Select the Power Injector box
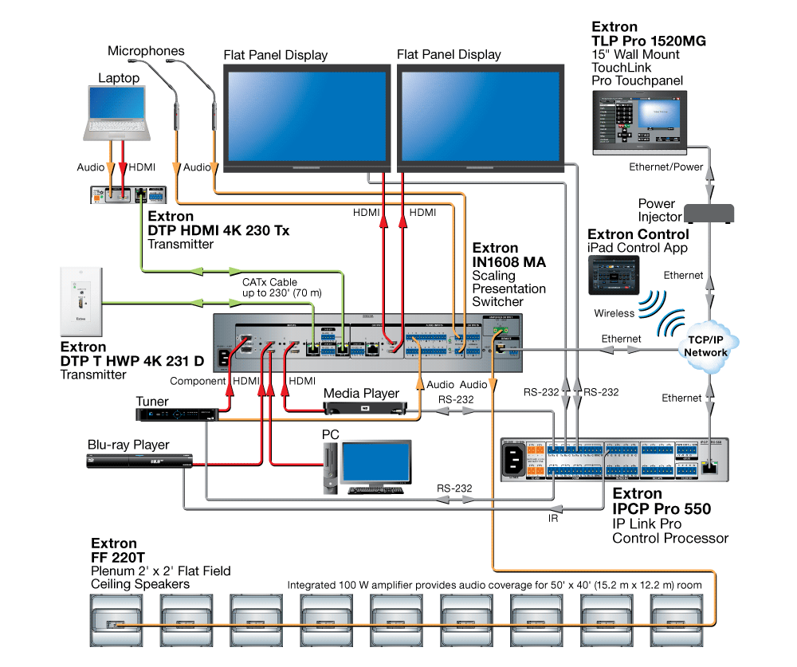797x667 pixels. pos(707,213)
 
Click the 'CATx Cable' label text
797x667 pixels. pos(270,282)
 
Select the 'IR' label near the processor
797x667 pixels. pos(553,518)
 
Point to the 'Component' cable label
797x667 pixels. pos(198,381)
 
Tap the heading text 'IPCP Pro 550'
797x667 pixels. pos(661,508)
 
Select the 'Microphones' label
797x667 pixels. pos(146,51)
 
